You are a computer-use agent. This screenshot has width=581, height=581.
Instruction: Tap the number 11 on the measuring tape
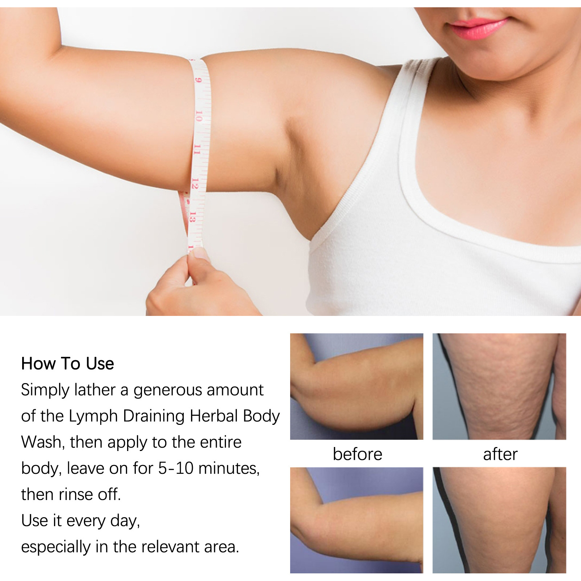tap(197, 149)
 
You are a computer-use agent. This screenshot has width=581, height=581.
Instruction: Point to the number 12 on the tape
tap(195, 183)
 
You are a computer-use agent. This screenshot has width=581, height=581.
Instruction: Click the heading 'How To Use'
tap(68, 363)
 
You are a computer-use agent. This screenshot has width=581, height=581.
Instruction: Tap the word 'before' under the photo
tap(357, 454)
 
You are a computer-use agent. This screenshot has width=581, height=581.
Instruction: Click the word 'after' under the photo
tap(500, 454)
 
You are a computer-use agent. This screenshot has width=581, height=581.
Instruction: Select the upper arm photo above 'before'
tap(357, 386)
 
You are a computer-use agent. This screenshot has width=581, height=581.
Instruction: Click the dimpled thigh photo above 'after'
tap(499, 386)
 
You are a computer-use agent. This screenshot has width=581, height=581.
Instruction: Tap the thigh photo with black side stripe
tap(499, 520)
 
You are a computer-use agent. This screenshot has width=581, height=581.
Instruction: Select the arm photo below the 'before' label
tap(357, 520)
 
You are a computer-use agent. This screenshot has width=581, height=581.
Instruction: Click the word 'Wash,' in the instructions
tap(43, 442)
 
